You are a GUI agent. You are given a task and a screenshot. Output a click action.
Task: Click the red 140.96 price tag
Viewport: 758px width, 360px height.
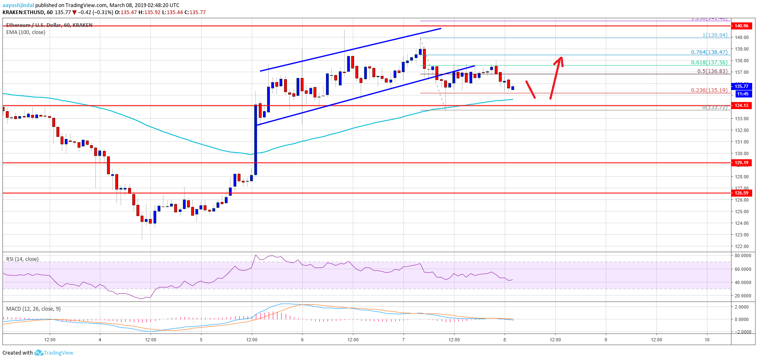click(741, 26)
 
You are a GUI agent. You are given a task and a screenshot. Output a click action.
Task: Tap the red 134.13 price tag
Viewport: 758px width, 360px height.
click(741, 105)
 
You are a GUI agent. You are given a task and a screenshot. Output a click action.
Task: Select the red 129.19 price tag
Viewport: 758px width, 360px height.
click(741, 163)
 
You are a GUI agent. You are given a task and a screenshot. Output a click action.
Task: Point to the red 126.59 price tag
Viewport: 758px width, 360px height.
click(741, 193)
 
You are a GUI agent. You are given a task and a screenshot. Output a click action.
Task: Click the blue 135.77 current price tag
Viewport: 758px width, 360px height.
click(741, 86)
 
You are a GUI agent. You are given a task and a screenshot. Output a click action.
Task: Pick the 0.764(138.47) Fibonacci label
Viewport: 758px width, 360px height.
click(709, 52)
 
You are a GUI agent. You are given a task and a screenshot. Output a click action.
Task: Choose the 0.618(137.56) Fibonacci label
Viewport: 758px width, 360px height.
click(709, 63)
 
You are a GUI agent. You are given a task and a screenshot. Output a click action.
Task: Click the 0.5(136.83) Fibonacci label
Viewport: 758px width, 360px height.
click(712, 71)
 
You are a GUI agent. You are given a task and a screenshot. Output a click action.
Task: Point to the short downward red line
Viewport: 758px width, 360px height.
click(530, 90)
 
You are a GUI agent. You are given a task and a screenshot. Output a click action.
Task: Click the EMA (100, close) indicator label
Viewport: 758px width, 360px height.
click(26, 32)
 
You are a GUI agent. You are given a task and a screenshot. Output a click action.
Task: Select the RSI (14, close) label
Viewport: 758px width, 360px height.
click(22, 259)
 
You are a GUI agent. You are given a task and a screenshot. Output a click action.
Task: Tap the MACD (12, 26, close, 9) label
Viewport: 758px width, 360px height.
click(33, 309)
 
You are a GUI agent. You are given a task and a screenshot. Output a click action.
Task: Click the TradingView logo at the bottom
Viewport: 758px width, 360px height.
click(54, 353)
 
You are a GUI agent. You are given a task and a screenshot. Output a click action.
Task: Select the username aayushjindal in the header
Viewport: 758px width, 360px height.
click(18, 5)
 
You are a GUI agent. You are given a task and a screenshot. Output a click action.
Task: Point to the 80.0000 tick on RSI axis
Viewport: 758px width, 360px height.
click(743, 256)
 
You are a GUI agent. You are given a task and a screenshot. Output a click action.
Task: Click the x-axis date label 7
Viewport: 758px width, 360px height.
click(403, 340)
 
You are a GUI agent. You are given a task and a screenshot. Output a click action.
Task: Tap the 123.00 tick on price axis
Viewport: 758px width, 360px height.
click(742, 235)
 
